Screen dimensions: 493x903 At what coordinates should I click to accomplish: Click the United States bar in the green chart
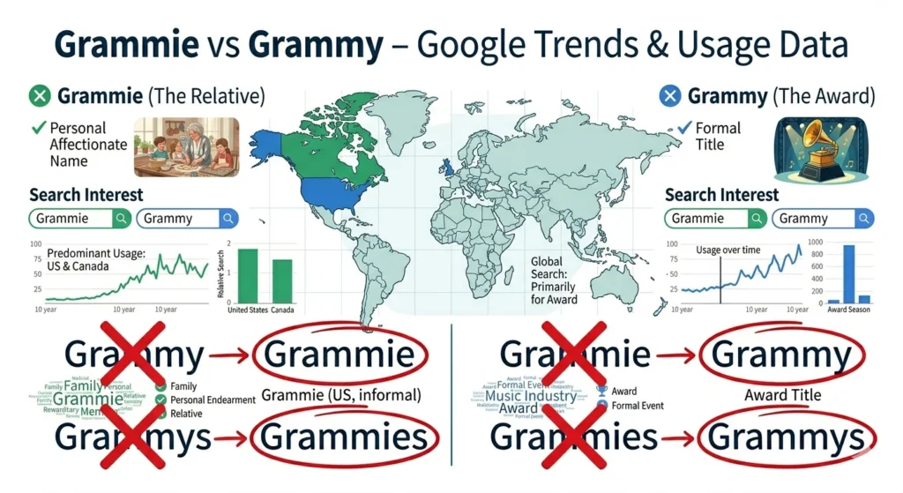[248, 275]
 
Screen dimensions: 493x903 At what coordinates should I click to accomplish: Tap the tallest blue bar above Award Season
[849, 273]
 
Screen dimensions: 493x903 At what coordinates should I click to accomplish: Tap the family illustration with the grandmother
[186, 146]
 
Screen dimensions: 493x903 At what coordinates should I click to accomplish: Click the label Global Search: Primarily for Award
[554, 280]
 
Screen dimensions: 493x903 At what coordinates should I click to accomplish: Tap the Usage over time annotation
[728, 250]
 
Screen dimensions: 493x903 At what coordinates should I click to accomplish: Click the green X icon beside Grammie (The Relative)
[39, 95]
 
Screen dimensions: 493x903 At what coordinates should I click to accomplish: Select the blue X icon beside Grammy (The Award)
[671, 95]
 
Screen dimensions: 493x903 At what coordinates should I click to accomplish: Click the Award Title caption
[782, 394]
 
